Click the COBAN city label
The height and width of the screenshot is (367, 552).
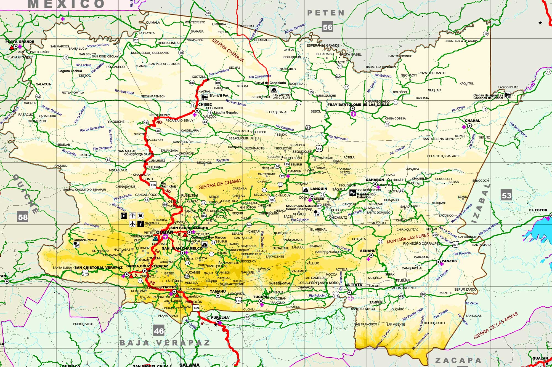point(165,232)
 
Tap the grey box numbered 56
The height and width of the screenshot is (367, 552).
point(327,27)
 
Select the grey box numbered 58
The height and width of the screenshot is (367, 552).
point(23,217)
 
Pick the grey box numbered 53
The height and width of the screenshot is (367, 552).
point(506,195)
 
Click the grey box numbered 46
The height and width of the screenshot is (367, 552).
point(159,331)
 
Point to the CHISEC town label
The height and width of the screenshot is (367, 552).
point(205,105)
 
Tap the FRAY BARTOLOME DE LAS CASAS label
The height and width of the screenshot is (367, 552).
point(358,105)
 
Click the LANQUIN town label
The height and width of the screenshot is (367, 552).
point(319,189)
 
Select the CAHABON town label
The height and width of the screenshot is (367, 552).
point(375,180)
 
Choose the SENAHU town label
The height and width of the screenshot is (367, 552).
point(368,251)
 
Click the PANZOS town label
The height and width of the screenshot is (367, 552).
point(449,261)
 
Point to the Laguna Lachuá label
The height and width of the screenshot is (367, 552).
point(70,71)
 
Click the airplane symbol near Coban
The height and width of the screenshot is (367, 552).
point(132,224)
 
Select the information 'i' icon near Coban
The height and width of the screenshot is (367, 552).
point(140,224)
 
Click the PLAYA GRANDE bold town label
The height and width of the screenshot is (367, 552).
point(20,42)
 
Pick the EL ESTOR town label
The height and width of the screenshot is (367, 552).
point(538,210)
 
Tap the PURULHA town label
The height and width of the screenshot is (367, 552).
point(220,317)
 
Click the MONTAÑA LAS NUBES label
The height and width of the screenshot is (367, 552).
point(408,238)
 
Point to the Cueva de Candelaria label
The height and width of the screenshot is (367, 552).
point(270,83)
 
